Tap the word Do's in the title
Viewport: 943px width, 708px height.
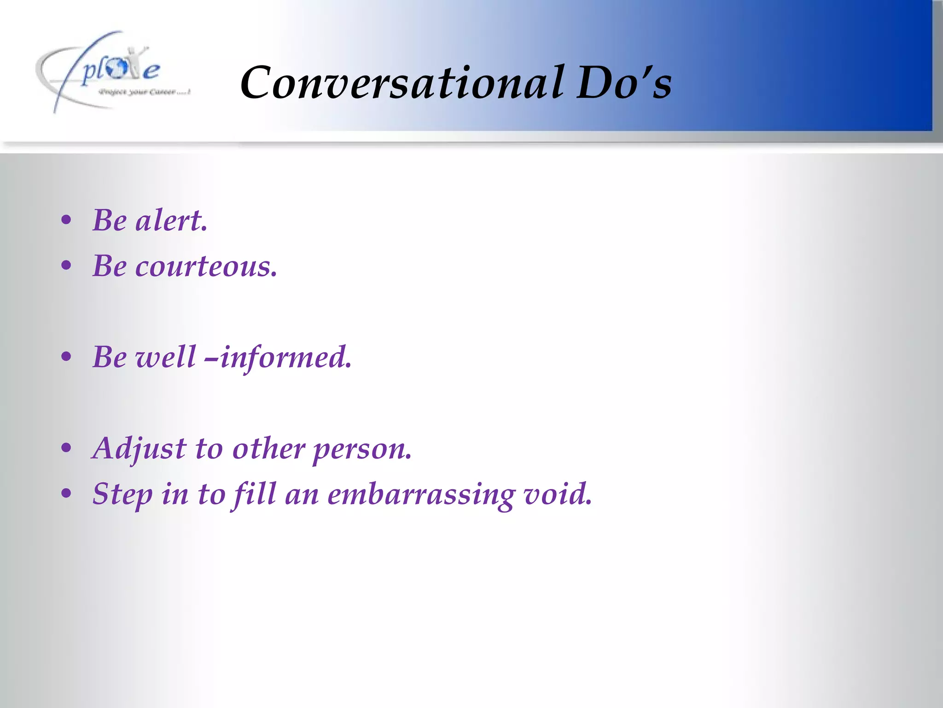(624, 83)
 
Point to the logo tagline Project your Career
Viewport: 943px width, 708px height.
(144, 92)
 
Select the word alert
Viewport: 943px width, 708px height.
(171, 220)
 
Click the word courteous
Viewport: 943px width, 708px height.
(206, 266)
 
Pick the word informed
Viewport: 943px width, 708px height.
(285, 357)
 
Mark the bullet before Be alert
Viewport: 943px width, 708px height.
(66, 220)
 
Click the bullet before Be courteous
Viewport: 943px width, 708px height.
(66, 265)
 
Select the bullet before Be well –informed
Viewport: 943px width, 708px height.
(66, 357)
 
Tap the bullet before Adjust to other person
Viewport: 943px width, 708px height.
(66, 448)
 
